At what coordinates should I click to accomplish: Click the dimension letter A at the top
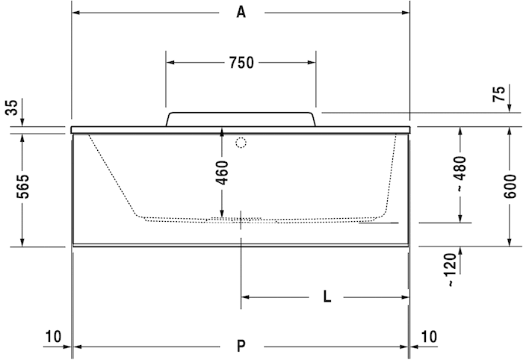click(241, 12)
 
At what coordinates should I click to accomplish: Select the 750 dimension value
click(241, 63)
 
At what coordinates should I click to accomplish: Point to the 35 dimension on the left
click(10, 106)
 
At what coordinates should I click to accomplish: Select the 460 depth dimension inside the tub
click(222, 173)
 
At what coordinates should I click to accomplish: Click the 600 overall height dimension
click(510, 185)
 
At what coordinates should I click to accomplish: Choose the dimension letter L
click(327, 297)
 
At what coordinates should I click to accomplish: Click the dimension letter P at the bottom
click(241, 346)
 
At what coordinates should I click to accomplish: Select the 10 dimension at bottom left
click(52, 336)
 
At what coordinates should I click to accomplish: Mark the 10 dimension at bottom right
click(429, 336)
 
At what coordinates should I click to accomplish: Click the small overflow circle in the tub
click(241, 143)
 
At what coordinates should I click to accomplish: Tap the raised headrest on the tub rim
click(241, 119)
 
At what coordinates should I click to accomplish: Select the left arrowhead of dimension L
click(245, 297)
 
